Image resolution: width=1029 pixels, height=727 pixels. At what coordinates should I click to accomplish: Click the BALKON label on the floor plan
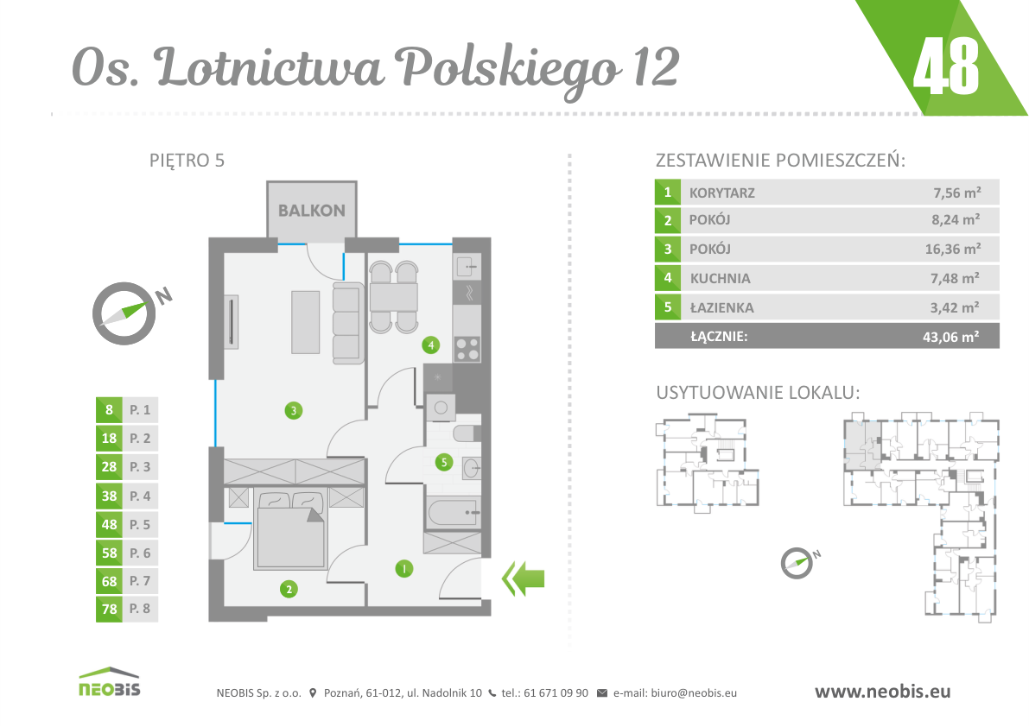(x=312, y=211)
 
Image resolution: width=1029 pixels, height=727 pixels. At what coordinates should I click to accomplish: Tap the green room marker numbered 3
(x=294, y=411)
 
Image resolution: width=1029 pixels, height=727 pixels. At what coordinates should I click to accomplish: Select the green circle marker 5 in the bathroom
(x=443, y=462)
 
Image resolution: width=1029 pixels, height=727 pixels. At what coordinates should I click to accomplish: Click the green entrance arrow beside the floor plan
(x=523, y=578)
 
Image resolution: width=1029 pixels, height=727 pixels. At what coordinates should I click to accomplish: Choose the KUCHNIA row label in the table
(x=720, y=278)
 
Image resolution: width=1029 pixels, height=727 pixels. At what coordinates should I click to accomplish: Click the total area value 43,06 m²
(x=951, y=336)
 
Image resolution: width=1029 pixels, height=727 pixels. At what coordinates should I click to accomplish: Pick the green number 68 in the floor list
(x=109, y=581)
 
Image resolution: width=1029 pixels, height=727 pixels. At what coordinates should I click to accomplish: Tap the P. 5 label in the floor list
(x=140, y=524)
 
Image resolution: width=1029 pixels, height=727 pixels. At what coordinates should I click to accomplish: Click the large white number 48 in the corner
(x=946, y=65)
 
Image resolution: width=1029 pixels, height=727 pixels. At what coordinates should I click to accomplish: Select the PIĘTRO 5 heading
(x=187, y=160)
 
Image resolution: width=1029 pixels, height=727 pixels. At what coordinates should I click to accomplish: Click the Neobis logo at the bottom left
(x=110, y=682)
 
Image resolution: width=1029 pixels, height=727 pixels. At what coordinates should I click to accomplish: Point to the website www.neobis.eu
(x=883, y=691)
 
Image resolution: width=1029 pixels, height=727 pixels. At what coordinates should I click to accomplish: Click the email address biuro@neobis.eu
(x=694, y=693)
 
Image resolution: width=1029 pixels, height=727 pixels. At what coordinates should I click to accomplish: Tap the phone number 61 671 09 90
(x=556, y=693)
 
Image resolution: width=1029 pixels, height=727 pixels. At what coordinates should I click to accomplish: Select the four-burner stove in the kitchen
(x=467, y=349)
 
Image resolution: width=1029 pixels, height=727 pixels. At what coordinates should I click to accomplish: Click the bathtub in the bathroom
(x=454, y=513)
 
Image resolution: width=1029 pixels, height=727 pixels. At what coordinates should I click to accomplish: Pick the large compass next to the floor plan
(x=124, y=313)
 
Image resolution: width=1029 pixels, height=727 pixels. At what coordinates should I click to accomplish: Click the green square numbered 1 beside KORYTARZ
(x=667, y=192)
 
